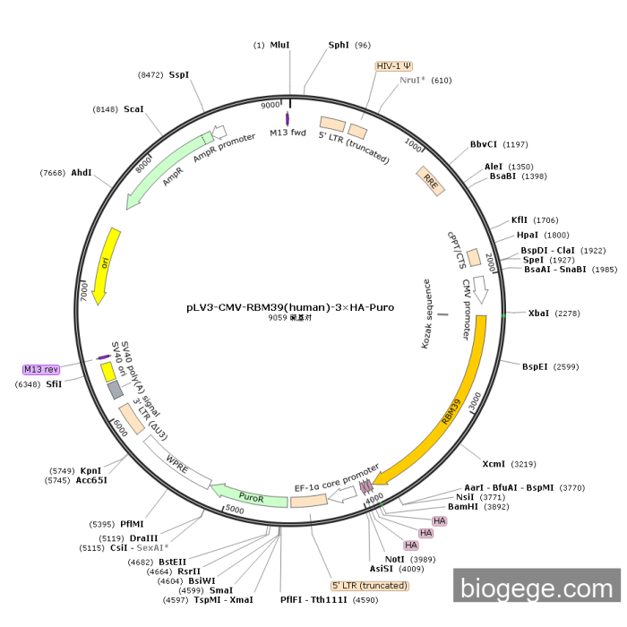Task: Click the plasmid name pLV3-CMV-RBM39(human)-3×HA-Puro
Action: pyautogui.click(x=290, y=306)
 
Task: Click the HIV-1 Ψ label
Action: pyautogui.click(x=393, y=65)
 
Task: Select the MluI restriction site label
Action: pyautogui.click(x=280, y=45)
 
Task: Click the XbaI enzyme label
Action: pyautogui.click(x=538, y=313)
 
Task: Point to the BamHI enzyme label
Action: pyautogui.click(x=463, y=506)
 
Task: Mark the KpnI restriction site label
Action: pyautogui.click(x=90, y=470)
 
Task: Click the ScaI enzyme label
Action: pyautogui.click(x=133, y=109)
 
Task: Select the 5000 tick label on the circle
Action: pyautogui.click(x=235, y=509)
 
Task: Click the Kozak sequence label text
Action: pyautogui.click(x=427, y=314)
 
